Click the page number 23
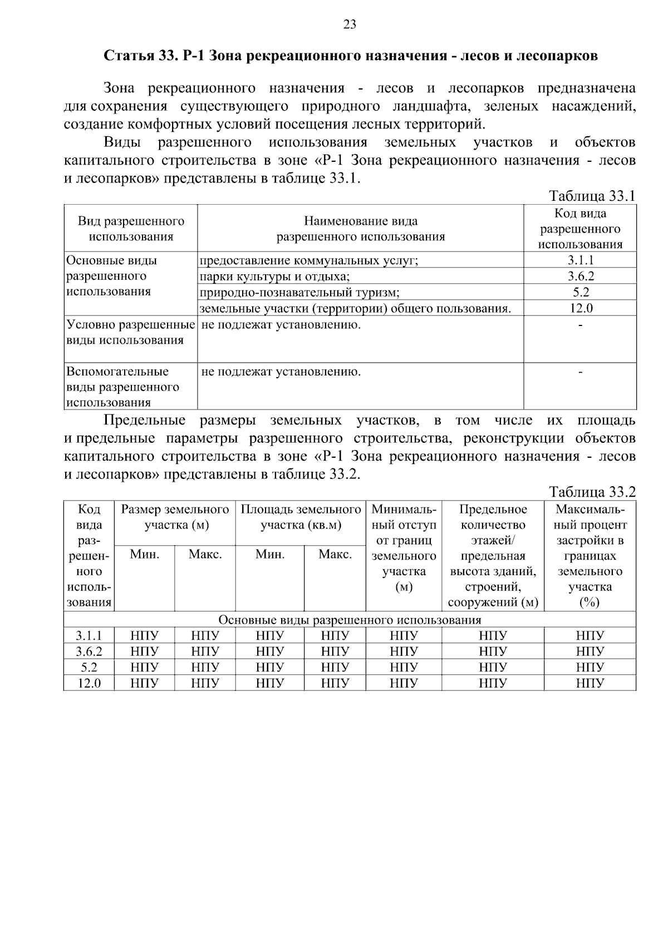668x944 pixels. pos(350,24)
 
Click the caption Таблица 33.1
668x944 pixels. pos(592,196)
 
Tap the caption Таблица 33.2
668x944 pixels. pos(592,492)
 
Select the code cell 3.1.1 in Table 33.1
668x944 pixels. pos(580,260)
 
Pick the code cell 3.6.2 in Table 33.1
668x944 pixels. pos(580,276)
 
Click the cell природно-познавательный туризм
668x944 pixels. pos(299,293)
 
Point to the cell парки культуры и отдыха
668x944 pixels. pos(274,276)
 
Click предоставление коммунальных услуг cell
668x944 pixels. pos(308,260)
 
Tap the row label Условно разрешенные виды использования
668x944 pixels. pos(130,332)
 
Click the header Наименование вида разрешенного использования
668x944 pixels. pos(360,229)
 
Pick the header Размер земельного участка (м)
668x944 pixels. pos(175,517)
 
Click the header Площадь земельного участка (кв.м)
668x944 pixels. pos(301,517)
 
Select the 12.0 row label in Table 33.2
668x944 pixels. pos(89,683)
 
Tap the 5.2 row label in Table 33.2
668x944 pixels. pos(89,668)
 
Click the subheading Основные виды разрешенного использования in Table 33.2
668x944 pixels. pos(350,620)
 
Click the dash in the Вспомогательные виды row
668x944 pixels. pos(580,372)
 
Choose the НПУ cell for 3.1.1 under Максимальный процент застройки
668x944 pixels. pos(590,636)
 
